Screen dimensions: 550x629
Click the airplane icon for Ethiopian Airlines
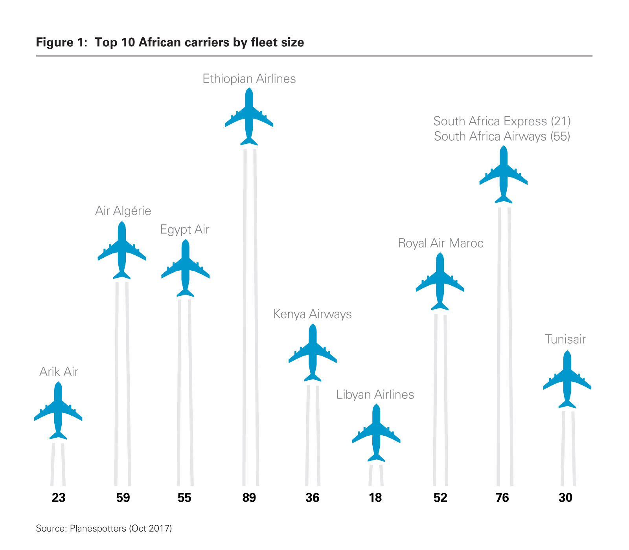coord(249,116)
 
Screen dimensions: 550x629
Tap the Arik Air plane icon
coord(58,411)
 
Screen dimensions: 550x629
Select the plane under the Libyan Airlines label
coord(376,433)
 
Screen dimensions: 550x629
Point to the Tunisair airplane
coord(567,379)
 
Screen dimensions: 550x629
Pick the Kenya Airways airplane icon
coord(313,352)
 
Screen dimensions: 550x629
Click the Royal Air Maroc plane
coord(440,281)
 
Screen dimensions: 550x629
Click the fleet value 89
coord(249,498)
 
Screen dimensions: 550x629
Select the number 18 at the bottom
coord(375,498)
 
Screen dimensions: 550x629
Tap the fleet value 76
coord(502,498)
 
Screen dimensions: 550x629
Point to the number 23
coord(59,498)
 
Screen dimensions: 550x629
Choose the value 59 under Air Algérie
coord(123,498)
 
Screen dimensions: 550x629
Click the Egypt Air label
coord(184,229)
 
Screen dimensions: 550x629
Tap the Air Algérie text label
coord(123,211)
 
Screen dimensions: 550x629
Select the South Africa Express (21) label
coord(502,121)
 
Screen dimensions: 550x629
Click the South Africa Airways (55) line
coord(502,136)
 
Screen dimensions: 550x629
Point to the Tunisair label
coord(565,339)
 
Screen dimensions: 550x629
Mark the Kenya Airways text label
coord(313,314)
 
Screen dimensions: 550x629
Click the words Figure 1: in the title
coord(62,42)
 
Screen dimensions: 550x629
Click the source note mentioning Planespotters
coord(104,528)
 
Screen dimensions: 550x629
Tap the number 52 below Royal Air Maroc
coord(440,498)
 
